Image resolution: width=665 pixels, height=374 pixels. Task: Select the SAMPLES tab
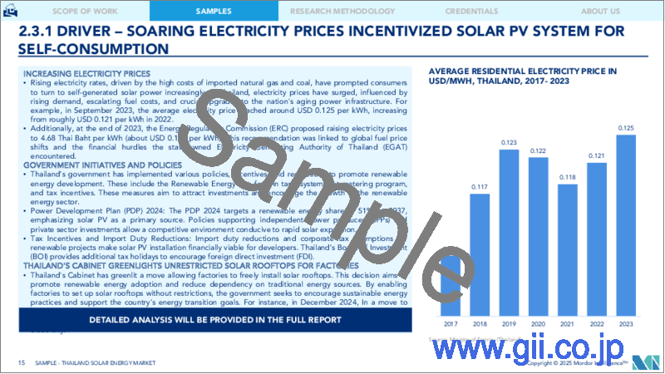coord(214,12)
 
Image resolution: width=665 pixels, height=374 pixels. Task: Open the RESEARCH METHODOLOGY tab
coord(343,12)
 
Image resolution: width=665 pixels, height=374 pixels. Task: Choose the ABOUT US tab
coord(600,12)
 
